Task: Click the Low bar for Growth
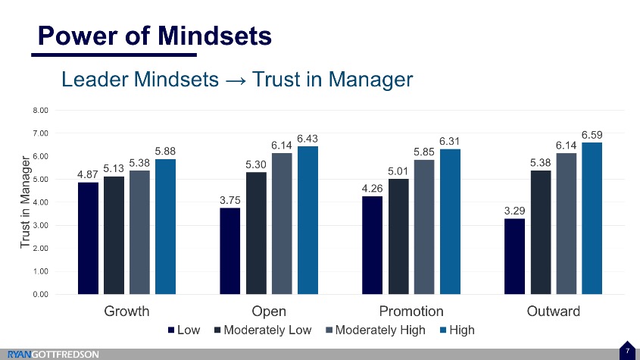(88, 238)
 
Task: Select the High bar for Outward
(592, 218)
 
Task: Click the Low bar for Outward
(514, 256)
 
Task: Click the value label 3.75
(230, 200)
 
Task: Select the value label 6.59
(592, 134)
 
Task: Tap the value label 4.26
(372, 188)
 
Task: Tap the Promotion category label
(411, 311)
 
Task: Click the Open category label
(268, 311)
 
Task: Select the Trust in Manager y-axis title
(25, 202)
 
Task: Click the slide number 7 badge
(628, 350)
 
